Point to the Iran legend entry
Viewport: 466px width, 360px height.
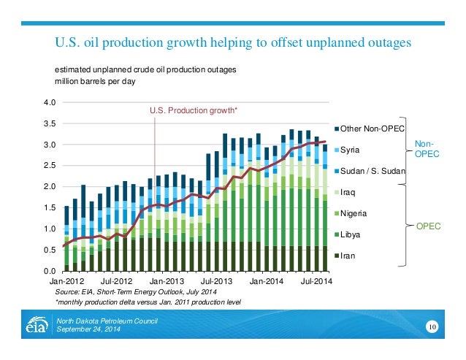pos(348,256)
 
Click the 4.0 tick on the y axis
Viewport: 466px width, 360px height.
pos(50,102)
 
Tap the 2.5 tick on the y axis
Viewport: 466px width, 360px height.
pos(50,166)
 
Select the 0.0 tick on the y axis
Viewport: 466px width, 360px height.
pos(50,272)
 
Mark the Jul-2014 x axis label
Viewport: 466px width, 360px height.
pos(316,281)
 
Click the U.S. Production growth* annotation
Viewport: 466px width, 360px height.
pos(194,110)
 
